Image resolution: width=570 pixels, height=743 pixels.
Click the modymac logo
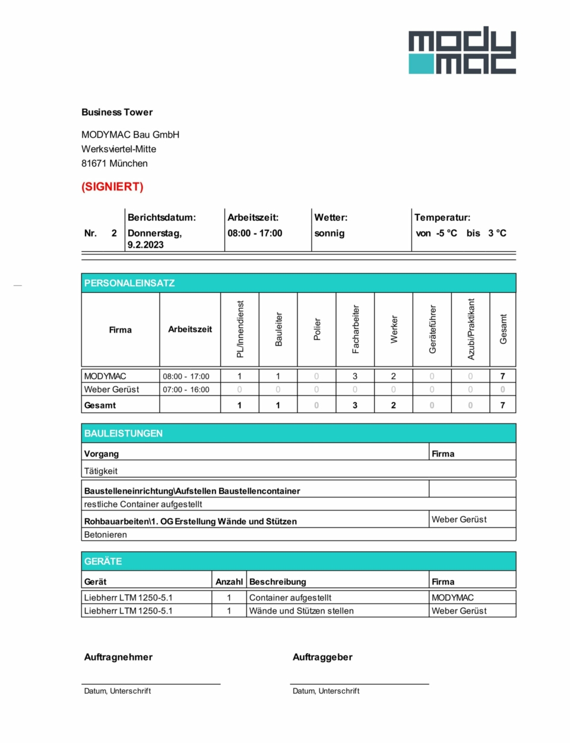click(x=462, y=50)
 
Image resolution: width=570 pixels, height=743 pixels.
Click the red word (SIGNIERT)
click(x=112, y=186)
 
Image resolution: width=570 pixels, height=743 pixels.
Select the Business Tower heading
click(x=117, y=112)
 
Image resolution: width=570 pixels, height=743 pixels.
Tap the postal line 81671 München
click(x=115, y=163)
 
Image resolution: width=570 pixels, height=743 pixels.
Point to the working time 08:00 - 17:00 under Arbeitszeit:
click(x=255, y=233)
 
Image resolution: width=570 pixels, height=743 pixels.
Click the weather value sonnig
click(x=330, y=233)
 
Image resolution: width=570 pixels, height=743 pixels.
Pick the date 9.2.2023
click(x=145, y=245)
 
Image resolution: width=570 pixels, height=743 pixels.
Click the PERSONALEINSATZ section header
click(x=129, y=283)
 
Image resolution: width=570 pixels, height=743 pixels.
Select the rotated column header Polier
click(x=317, y=330)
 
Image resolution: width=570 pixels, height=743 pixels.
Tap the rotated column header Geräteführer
click(x=432, y=330)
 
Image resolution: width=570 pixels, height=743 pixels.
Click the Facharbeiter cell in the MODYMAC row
click(x=355, y=377)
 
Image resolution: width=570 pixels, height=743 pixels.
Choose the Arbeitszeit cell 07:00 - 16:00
click(x=186, y=390)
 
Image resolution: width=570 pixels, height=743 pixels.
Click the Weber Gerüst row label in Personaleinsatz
click(x=112, y=390)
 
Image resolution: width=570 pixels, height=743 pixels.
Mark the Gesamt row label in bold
click(x=100, y=406)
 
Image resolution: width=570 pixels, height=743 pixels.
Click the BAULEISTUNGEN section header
click(x=123, y=434)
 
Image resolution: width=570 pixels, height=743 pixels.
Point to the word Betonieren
click(x=106, y=535)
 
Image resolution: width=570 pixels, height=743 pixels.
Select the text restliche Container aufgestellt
click(x=143, y=504)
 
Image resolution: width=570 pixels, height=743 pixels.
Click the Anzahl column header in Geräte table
click(x=229, y=582)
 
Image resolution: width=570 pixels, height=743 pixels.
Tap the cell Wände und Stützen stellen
click(x=302, y=611)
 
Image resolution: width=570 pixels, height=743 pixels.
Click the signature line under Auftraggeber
click(x=359, y=684)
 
